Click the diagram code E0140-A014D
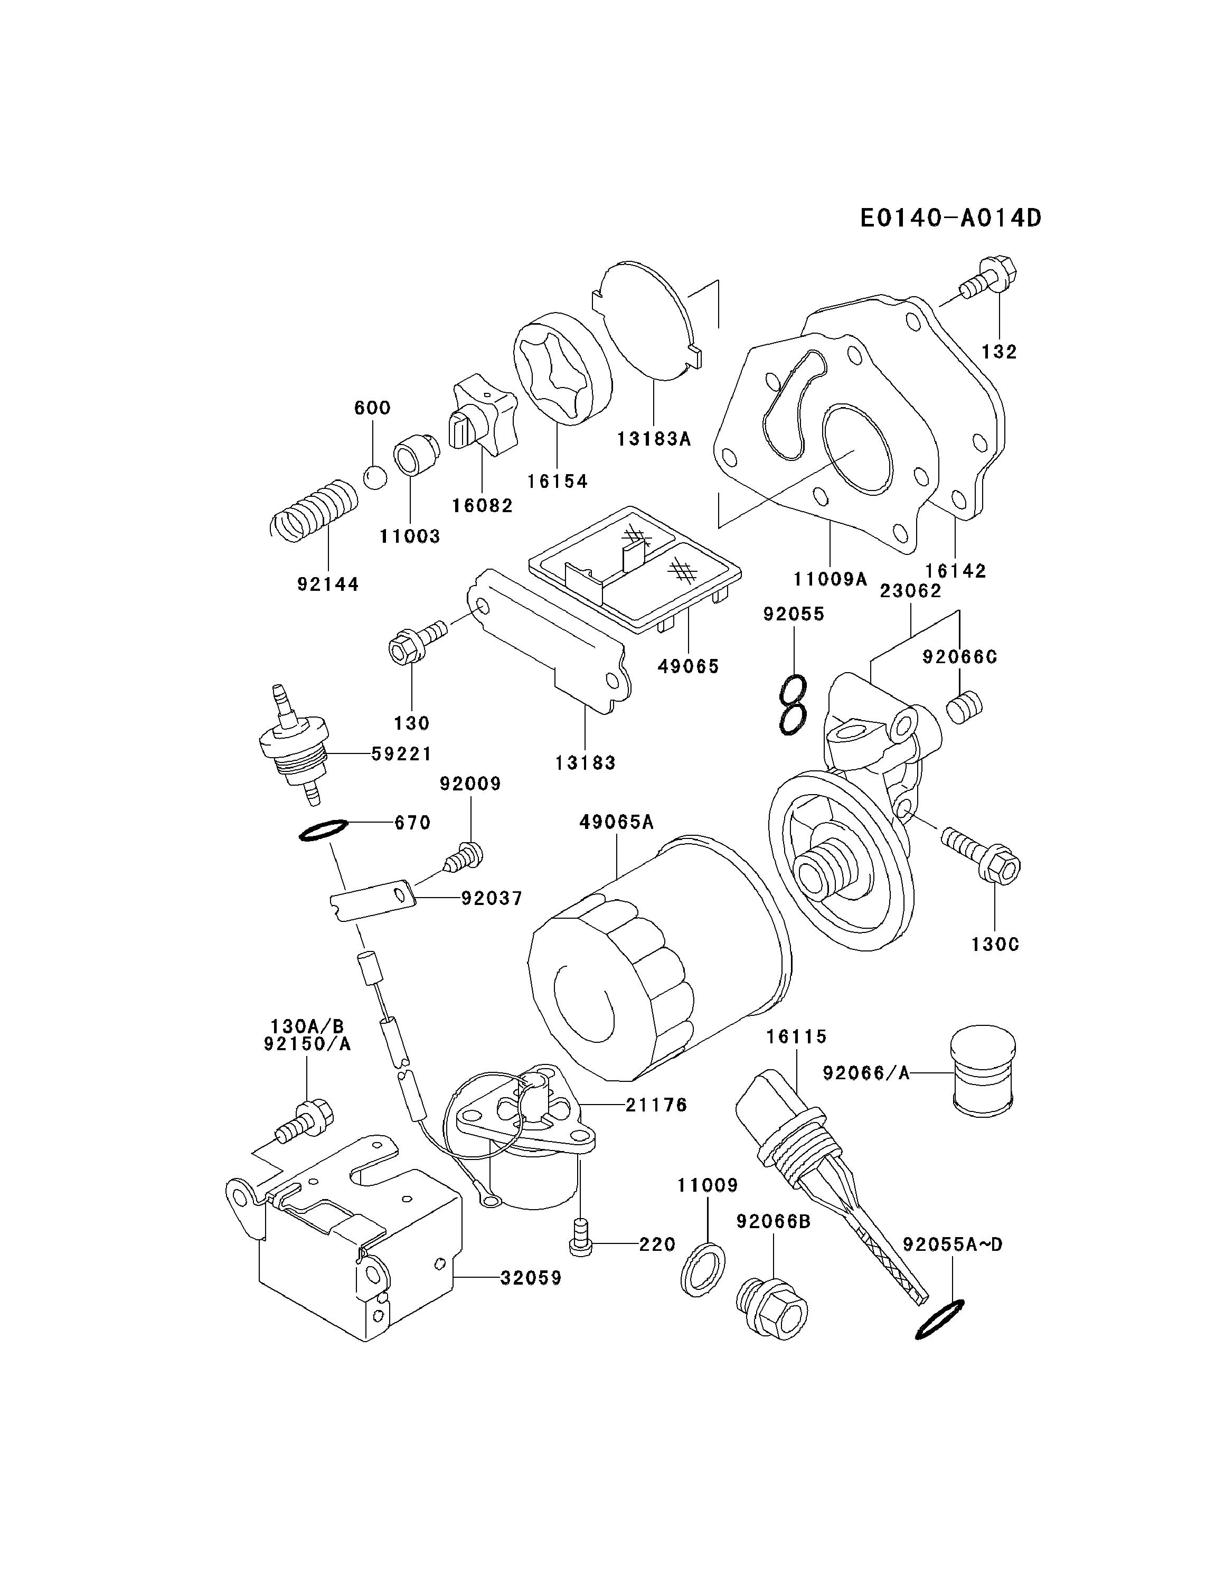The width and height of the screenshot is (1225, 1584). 950,218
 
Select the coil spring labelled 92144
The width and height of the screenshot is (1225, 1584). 313,509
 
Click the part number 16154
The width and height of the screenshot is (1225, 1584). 557,482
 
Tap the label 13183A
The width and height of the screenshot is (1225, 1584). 654,439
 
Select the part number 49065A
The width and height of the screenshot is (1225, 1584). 617,822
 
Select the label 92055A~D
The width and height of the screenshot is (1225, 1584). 953,1244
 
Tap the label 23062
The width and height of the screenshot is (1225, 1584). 910,591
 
